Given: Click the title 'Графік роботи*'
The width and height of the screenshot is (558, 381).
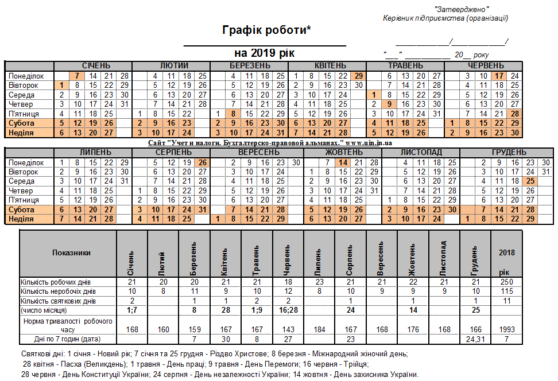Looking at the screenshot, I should coord(266,30).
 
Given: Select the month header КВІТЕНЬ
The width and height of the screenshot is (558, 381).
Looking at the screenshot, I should coord(330,65).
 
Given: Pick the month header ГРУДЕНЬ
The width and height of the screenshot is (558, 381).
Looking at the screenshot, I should coord(508,152).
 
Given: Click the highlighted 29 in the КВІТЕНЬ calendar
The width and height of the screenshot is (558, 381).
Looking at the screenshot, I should coord(358,76).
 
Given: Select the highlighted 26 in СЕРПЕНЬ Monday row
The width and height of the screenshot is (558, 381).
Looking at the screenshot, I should coord(203,162).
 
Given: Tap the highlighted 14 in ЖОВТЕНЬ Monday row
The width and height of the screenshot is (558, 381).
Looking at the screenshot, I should coord(343,162).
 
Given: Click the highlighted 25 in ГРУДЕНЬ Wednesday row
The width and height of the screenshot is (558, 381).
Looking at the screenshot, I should coord(531,181).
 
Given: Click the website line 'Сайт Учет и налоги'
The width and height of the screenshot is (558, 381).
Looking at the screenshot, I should coord(270,142).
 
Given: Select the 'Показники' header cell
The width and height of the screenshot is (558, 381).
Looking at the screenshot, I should coord(68,252).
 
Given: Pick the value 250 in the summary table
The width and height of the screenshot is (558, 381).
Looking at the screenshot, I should coord(507,282).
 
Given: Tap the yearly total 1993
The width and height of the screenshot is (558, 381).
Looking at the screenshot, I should coord(507,329).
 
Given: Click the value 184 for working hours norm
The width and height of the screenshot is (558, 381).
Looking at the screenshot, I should coord(321,329).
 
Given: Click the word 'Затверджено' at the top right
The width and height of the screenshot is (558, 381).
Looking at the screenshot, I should coord(462,9).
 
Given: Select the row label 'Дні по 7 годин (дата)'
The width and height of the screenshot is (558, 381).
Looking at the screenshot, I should coord(68,339).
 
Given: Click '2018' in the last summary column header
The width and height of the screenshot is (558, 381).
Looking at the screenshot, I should coord(507,252).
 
